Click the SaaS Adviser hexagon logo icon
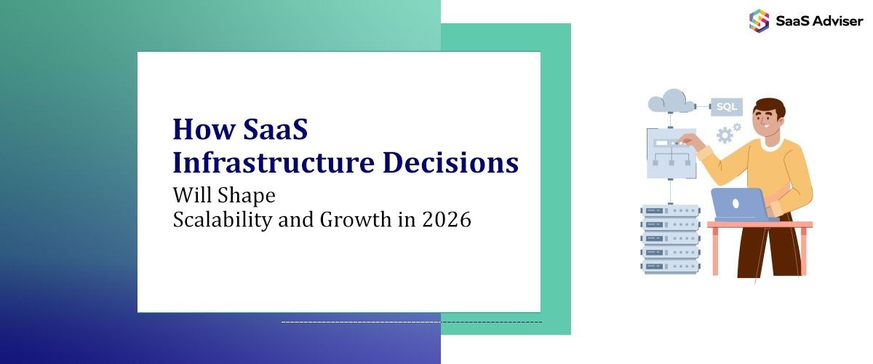point(759,20)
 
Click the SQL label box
point(726,106)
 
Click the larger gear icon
point(725,135)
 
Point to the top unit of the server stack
point(670,211)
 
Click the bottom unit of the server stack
point(670,266)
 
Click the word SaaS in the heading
point(271,130)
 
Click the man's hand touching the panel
point(687,142)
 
